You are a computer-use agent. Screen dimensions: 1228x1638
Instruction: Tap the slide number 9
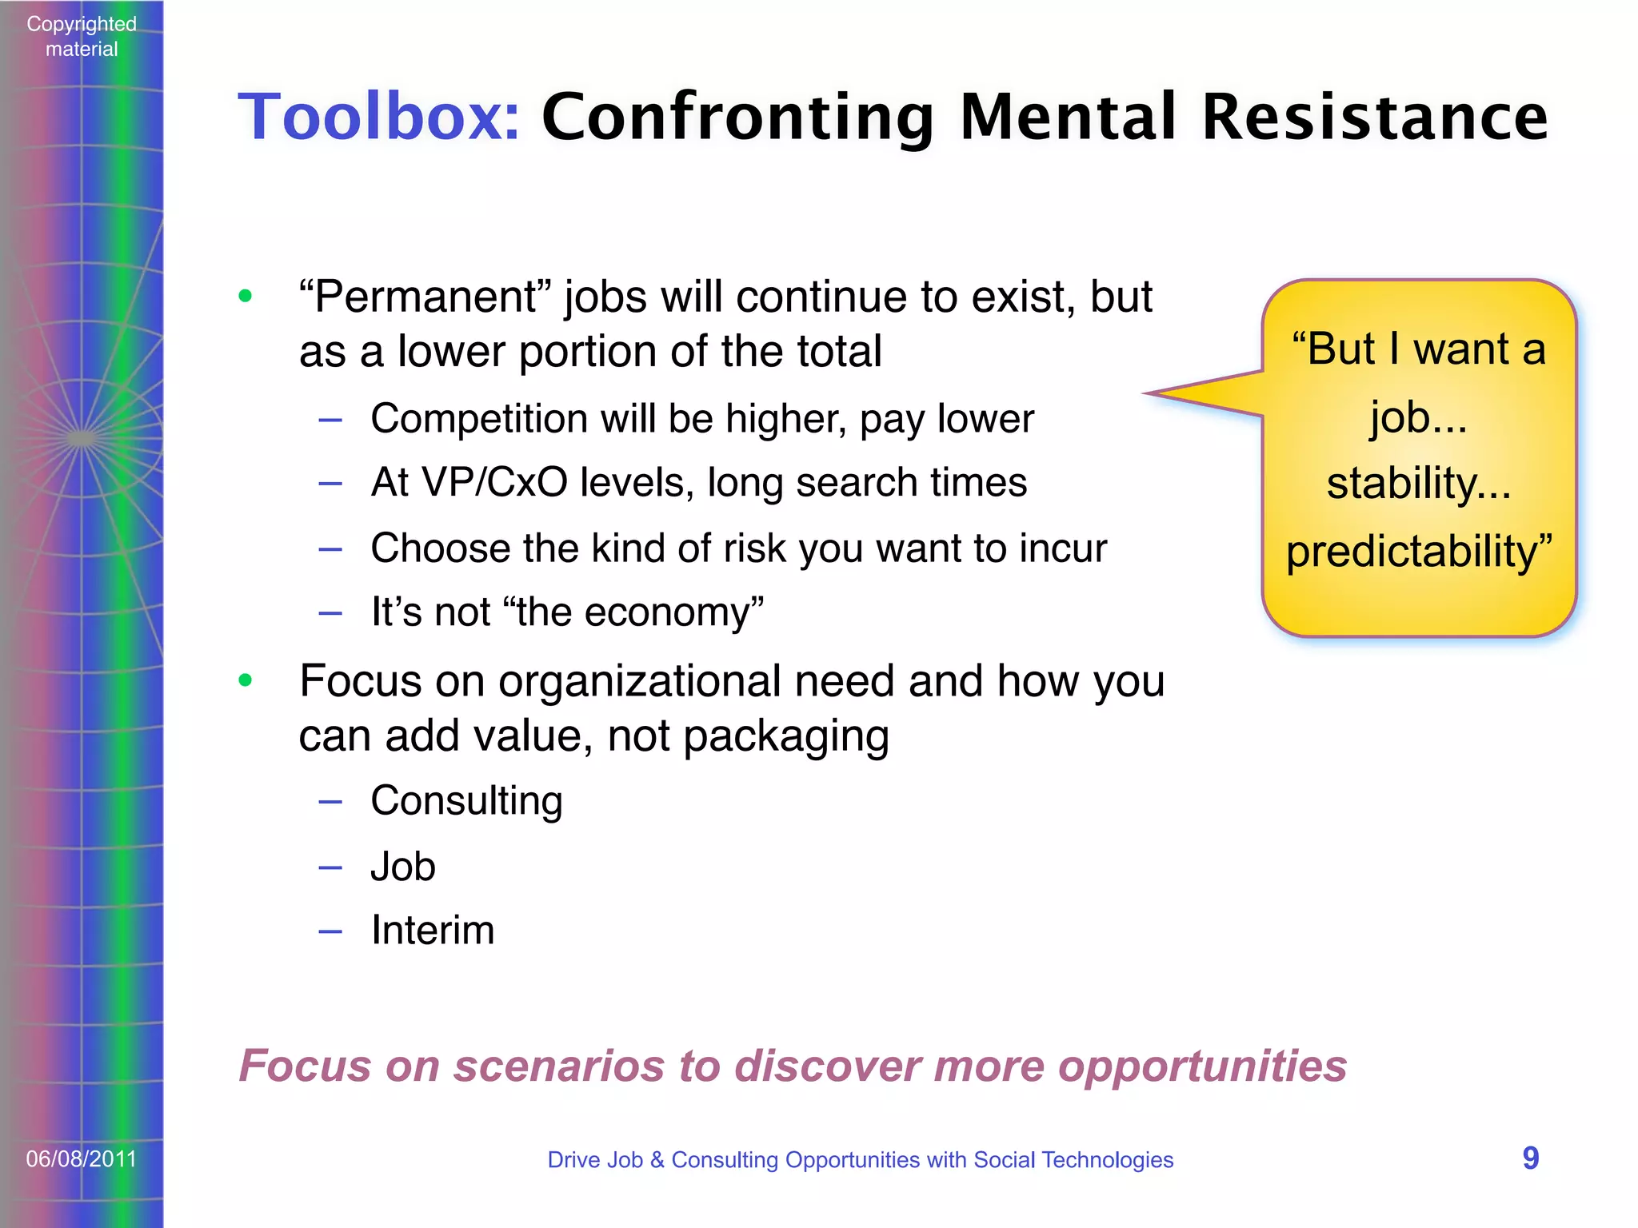[1530, 1158]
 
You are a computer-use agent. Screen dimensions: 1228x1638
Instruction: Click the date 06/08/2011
[81, 1158]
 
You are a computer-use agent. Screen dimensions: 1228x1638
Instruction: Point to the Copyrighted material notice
[81, 36]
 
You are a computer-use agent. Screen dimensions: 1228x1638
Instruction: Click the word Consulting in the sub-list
[466, 800]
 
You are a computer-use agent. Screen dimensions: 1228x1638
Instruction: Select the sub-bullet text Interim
[433, 930]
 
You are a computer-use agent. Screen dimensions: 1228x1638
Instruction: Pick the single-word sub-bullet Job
[403, 867]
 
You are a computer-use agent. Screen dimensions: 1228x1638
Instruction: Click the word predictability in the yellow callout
[1412, 552]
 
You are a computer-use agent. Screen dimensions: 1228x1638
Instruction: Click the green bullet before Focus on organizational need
[246, 680]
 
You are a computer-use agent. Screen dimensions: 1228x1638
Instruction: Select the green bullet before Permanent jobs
[246, 297]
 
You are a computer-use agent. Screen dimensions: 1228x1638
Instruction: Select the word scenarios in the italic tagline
[559, 1066]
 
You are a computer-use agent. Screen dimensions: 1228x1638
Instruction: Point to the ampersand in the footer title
[657, 1159]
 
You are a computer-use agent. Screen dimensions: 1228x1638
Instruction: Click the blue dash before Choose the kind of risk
[330, 549]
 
